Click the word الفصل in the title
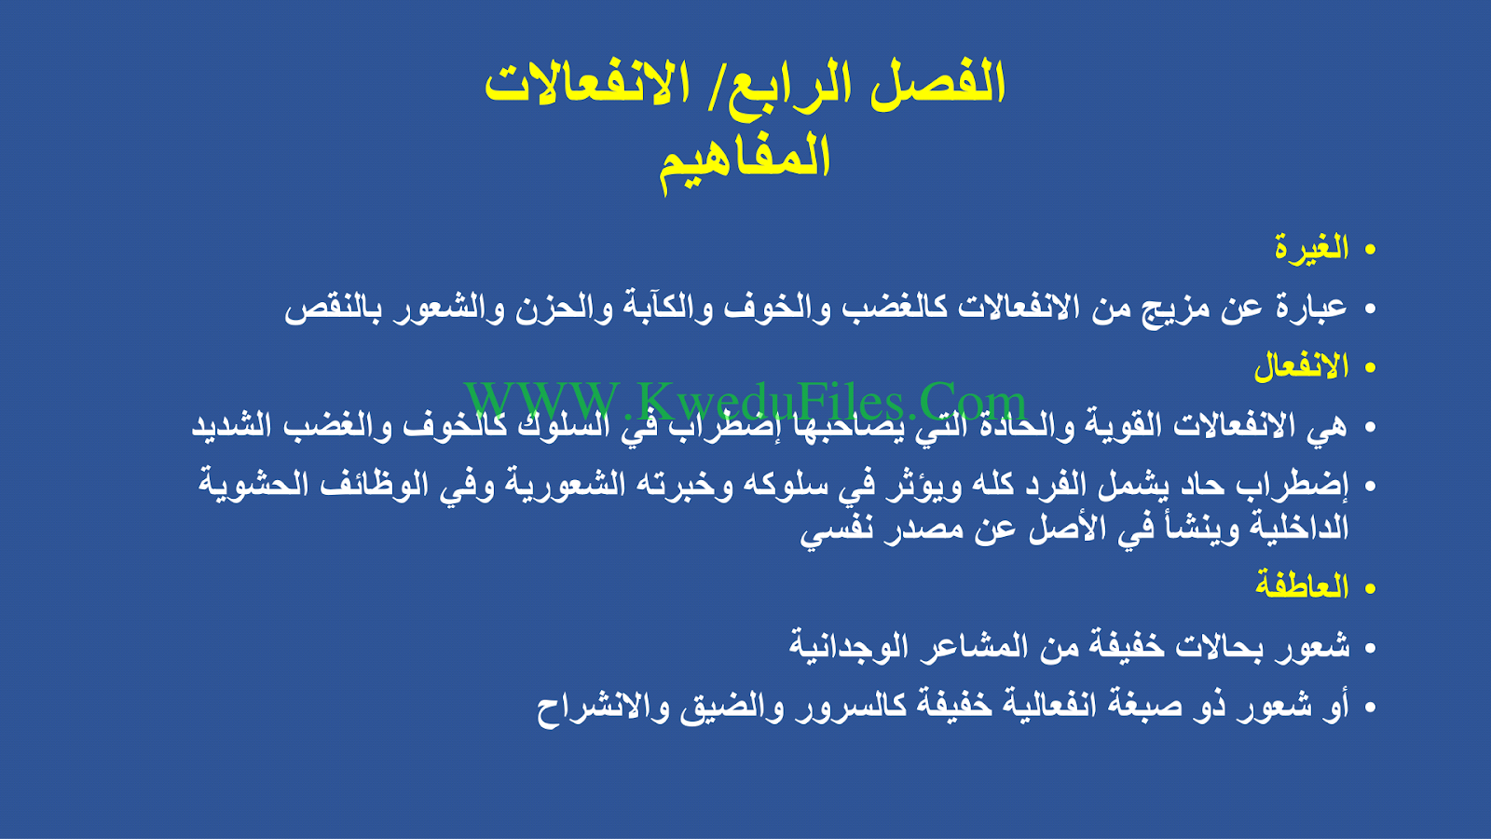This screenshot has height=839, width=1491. click(x=937, y=83)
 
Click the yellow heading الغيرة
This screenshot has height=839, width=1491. click(x=1312, y=248)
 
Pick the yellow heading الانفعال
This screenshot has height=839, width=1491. click(x=1302, y=366)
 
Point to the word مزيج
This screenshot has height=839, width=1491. click(x=1169, y=309)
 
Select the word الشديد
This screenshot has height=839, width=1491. click(x=232, y=425)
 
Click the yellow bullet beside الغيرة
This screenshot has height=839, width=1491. click(x=1369, y=250)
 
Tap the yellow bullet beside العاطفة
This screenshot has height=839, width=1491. click(x=1369, y=588)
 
